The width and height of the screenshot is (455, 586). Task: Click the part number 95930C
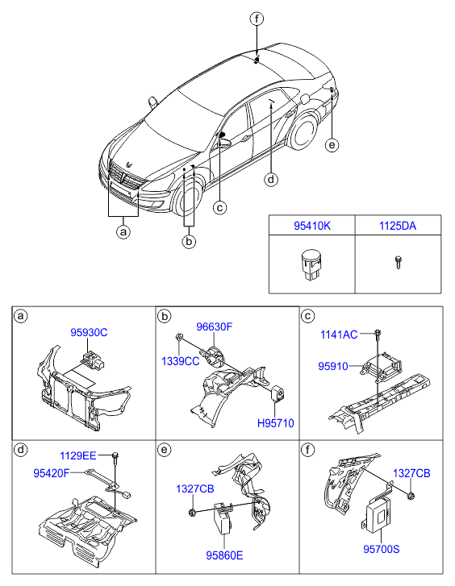pyautogui.click(x=89, y=332)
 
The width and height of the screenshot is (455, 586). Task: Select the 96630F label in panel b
pyautogui.click(x=215, y=326)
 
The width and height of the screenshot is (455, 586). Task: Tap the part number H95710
pyautogui.click(x=276, y=423)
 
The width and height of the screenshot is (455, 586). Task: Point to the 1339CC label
pyautogui.click(x=181, y=361)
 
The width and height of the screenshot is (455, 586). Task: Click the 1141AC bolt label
pyautogui.click(x=339, y=335)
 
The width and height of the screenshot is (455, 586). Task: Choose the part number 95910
pyautogui.click(x=333, y=366)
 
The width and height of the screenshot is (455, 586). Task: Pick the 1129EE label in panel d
pyautogui.click(x=78, y=455)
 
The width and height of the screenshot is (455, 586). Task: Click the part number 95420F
pyautogui.click(x=52, y=473)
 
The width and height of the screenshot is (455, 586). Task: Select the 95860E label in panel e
pyautogui.click(x=224, y=555)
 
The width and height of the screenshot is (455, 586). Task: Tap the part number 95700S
pyautogui.click(x=382, y=549)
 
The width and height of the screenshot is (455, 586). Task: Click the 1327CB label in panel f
pyautogui.click(x=411, y=473)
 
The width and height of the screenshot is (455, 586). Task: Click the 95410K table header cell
pyautogui.click(x=312, y=226)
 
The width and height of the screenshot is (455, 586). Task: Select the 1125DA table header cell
pyautogui.click(x=398, y=226)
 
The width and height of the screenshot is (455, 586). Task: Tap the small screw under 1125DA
pyautogui.click(x=399, y=262)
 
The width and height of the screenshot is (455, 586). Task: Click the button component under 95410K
pyautogui.click(x=311, y=265)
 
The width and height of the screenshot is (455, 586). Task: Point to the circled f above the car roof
pyautogui.click(x=257, y=19)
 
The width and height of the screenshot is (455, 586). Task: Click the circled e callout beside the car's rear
pyautogui.click(x=332, y=144)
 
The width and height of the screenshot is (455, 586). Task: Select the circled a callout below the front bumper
pyautogui.click(x=123, y=232)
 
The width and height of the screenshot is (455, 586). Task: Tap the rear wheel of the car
pyautogui.click(x=303, y=131)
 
